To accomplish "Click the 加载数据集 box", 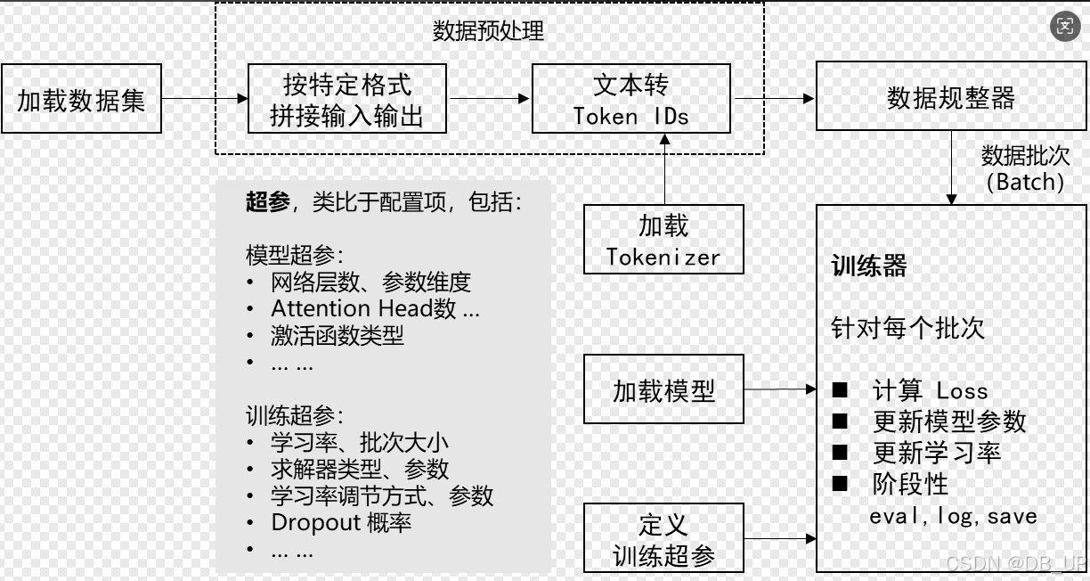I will (x=81, y=99).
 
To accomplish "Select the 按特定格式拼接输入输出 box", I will (x=346, y=99).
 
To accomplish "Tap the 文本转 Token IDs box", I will (x=630, y=99).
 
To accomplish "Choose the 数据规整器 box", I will (x=950, y=97).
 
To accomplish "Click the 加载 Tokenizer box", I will (x=663, y=240).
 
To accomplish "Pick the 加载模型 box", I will (x=663, y=389).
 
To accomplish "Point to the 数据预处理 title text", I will (x=488, y=31).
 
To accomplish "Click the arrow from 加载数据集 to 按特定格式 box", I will (x=205, y=98).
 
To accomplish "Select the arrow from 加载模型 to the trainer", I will (x=779, y=389).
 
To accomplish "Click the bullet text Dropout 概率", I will (x=341, y=523).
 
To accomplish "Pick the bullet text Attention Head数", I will (x=374, y=309).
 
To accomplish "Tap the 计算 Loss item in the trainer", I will (x=930, y=390).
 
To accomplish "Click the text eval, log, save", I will (x=953, y=516).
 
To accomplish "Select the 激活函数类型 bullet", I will (x=337, y=336).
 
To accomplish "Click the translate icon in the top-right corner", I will (x=1065, y=26).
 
